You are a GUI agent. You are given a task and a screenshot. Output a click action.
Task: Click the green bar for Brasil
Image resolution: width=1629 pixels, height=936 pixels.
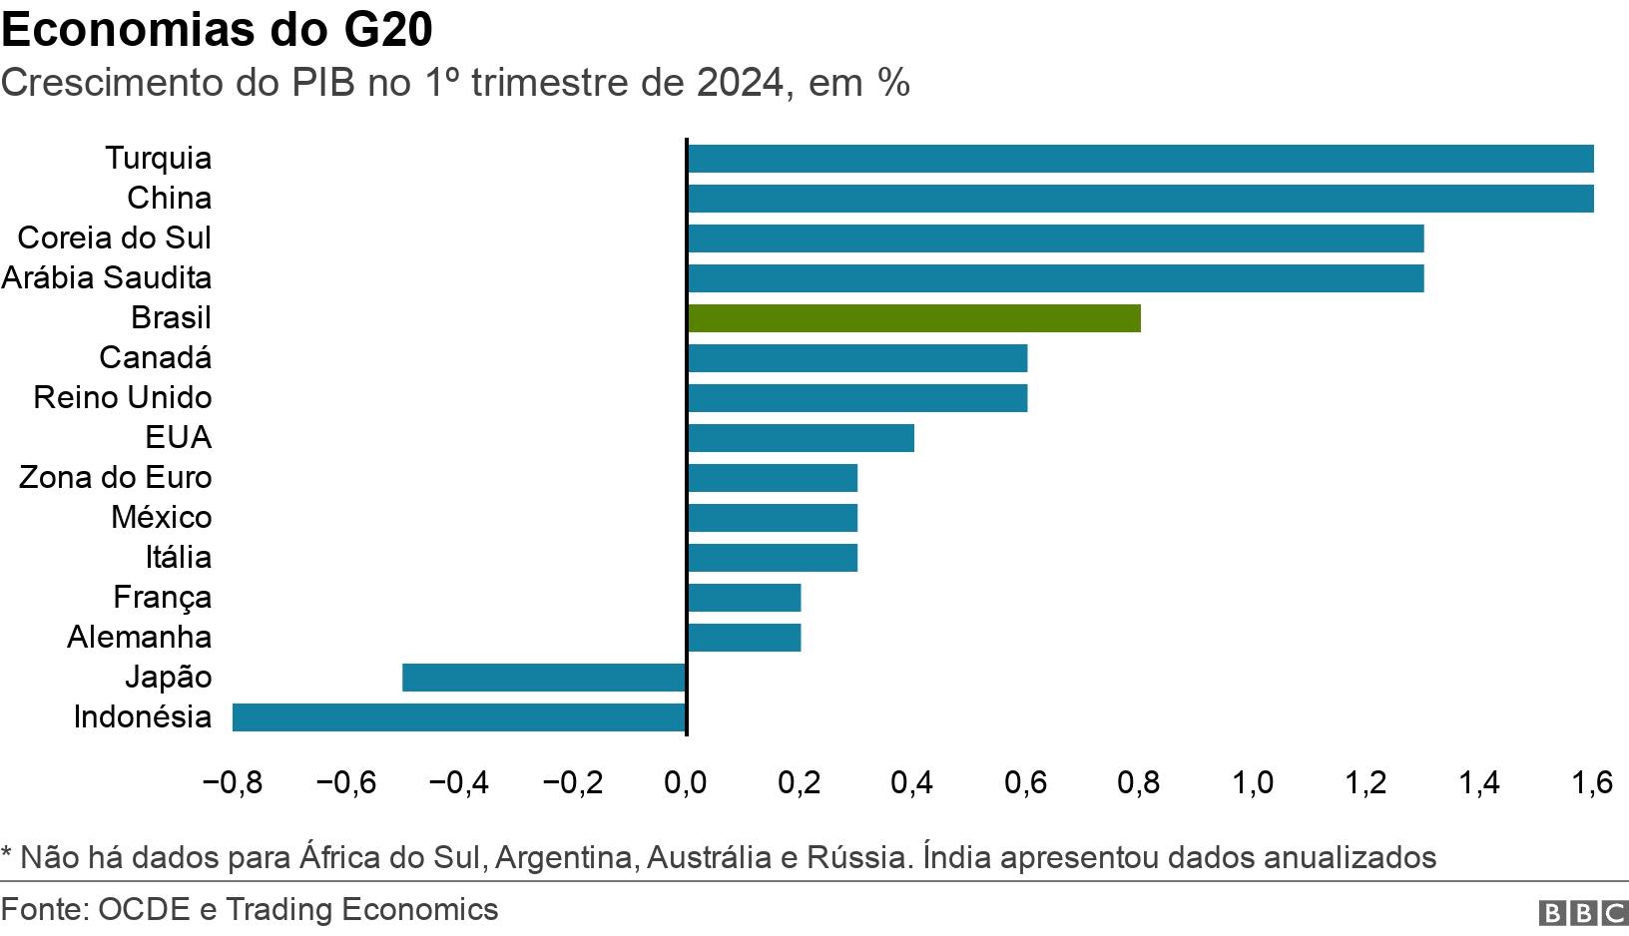pyautogui.click(x=913, y=318)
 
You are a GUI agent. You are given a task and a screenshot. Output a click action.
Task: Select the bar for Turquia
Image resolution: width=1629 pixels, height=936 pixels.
pyautogui.click(x=1140, y=159)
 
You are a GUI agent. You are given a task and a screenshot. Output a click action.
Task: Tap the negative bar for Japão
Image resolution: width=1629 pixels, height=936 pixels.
pyautogui.click(x=544, y=678)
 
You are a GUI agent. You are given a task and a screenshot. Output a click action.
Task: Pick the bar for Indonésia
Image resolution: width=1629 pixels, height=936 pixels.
pyautogui.click(x=459, y=717)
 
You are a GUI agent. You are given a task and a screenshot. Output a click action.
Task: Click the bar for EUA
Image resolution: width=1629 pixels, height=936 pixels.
pyautogui.click(x=801, y=438)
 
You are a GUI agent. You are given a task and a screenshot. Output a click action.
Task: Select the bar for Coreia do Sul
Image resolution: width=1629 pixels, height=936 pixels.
pyautogui.click(x=1055, y=238)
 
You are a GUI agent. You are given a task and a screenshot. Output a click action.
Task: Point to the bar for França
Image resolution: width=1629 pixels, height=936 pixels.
pyautogui.click(x=744, y=598)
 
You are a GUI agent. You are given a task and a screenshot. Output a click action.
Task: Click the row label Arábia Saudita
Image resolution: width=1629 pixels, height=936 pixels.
pyautogui.click(x=107, y=277)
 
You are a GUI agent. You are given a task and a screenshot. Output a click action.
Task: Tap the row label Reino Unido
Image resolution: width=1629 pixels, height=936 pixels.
pyautogui.click(x=123, y=397)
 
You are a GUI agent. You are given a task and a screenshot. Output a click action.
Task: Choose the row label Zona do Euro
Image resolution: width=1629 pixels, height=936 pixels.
pyautogui.click(x=116, y=477)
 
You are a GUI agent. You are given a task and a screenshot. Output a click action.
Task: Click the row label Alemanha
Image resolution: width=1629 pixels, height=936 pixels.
pyautogui.click(x=140, y=637)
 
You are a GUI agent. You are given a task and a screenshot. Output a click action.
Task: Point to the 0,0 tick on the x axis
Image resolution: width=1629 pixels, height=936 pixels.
pyautogui.click(x=686, y=782)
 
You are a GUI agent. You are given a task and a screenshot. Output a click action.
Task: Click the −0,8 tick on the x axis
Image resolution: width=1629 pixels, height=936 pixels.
pyautogui.click(x=232, y=782)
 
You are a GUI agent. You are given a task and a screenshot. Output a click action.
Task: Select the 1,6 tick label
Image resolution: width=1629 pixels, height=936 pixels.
pyautogui.click(x=1592, y=782)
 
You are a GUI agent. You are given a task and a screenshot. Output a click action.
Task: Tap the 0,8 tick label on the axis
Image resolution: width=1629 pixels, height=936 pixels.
pyautogui.click(x=1139, y=782)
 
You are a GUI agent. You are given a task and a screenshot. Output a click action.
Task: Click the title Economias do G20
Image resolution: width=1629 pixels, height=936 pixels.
pyautogui.click(x=217, y=30)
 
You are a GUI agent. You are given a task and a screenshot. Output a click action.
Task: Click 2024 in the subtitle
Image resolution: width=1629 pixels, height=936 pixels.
pyautogui.click(x=741, y=83)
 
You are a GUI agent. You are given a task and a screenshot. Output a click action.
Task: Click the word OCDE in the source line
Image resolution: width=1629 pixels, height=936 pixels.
pyautogui.click(x=145, y=909)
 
